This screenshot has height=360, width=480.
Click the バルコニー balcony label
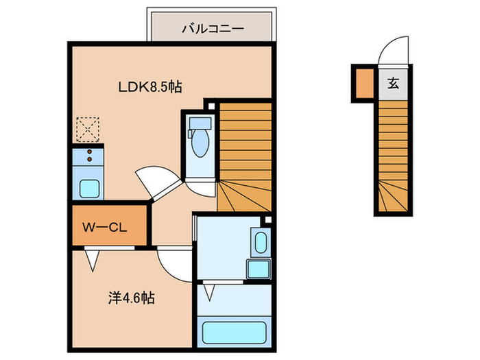click(213, 29)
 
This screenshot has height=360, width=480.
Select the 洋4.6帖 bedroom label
click(130, 298)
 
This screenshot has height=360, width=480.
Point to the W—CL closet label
click(108, 225)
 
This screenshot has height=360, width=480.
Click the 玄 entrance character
click(393, 84)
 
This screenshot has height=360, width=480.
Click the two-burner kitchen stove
click(87, 157)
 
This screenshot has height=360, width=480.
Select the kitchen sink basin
click(88, 187)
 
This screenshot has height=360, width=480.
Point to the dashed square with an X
click(87, 129)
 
